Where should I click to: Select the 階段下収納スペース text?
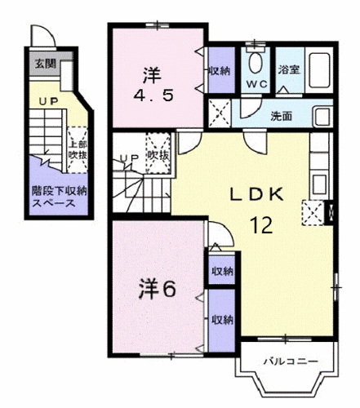59,197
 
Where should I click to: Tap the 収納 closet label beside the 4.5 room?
219,70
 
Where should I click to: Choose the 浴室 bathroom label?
288,70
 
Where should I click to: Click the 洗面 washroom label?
282,116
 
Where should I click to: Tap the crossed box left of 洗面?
218,112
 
